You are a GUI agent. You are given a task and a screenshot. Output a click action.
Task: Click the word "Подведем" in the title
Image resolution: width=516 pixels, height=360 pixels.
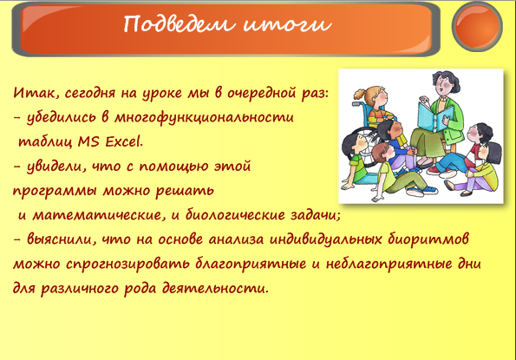(179, 24)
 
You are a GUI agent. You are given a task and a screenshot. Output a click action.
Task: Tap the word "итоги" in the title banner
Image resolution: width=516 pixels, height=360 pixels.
(287, 24)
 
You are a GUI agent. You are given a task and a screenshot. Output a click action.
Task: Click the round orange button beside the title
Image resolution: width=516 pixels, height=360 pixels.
(477, 27)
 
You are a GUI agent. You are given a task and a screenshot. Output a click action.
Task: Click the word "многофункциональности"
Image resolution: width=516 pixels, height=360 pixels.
(204, 118)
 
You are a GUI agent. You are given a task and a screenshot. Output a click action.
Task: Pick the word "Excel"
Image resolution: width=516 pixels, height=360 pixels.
(123, 141)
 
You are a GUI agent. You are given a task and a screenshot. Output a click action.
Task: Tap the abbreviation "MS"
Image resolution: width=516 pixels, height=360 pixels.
(88, 141)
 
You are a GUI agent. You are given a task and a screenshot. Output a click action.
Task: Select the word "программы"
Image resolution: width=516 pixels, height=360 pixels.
(55, 191)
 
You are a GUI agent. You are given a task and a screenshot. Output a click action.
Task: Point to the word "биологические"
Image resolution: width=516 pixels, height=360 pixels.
(235, 215)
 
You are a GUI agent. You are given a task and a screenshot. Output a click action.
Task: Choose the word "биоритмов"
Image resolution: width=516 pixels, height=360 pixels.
(428, 239)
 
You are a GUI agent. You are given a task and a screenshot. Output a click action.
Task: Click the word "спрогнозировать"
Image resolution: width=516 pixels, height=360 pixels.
(127, 265)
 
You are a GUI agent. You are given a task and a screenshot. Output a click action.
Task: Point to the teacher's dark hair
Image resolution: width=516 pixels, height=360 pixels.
(447, 79)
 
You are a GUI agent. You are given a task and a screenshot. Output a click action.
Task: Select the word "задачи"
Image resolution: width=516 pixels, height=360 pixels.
(315, 215)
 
